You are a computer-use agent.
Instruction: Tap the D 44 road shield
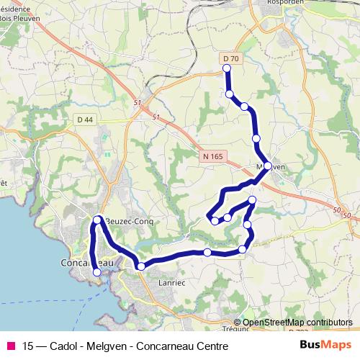(84, 119)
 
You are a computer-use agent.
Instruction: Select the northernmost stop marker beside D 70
(227, 68)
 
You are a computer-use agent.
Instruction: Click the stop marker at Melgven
(268, 166)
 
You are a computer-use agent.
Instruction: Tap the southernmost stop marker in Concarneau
(97, 272)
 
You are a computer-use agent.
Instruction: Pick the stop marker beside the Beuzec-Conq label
(97, 219)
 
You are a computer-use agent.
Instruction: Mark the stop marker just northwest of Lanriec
(141, 266)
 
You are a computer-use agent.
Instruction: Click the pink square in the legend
(10, 347)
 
